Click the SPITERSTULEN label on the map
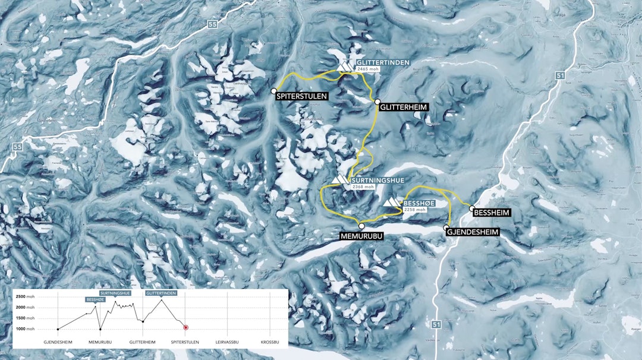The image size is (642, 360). tap(303, 96)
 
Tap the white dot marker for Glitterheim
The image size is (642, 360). tap(377, 102)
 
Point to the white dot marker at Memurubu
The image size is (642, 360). tap(361, 226)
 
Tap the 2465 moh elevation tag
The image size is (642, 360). tap(367, 70)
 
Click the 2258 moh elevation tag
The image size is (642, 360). tap(415, 210)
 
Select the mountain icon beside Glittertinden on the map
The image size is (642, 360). tap(345, 66)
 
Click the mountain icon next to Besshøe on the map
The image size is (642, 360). tap(392, 203)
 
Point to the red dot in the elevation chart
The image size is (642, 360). tap(185, 327)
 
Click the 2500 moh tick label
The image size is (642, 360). tap(26, 296)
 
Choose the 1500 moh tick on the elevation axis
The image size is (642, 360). tap(26, 318)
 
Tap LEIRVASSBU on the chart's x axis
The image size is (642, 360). tap(227, 342)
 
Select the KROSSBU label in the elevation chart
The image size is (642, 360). tap(270, 342)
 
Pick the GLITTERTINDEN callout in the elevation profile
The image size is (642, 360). tap(160, 293)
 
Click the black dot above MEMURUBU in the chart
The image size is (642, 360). tap(100, 329)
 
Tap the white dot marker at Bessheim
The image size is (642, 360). tap(472, 209)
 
